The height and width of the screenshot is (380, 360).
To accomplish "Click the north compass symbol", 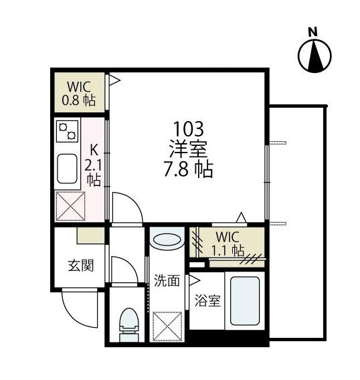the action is coord(314,56).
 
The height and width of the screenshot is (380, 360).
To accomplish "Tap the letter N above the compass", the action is coord(313,31).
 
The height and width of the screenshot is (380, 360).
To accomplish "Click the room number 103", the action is coord(189,129).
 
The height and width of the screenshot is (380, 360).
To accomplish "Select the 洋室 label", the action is coord(188,149).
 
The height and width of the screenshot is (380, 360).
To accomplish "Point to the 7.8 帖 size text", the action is coord(188,169).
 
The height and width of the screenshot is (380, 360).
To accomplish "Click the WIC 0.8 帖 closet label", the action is coord(79,93).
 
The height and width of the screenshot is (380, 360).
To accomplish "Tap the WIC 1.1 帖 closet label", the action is coord(228,244).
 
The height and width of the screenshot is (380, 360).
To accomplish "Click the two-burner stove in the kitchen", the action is coord(68,131).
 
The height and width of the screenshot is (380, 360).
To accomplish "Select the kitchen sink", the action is coord(67,169).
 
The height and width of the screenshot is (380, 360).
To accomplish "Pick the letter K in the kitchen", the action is coord(94,151).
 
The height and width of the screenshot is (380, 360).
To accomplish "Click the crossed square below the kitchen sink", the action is coord(70,206).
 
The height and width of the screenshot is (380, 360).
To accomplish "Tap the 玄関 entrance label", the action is coord(81,265).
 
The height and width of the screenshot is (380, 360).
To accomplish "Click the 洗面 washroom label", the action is coord(167,280).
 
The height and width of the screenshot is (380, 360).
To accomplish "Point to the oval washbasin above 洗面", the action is coord(167,240).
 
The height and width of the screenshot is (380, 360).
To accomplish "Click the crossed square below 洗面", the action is coord(167,326).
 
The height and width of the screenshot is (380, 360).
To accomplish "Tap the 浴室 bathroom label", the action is coord(207,300).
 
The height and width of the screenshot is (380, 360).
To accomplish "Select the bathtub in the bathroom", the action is coord(245,301).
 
